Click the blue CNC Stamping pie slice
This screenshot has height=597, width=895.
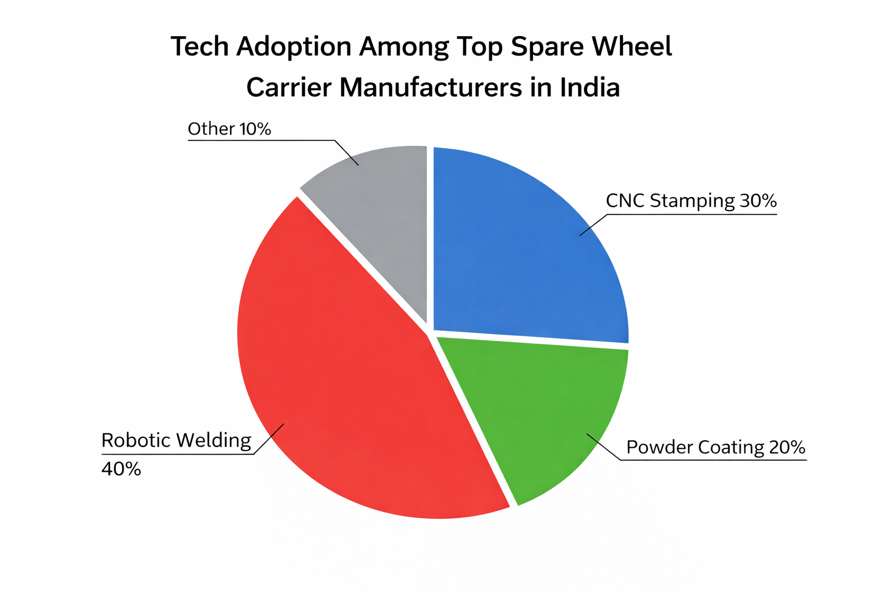click(524, 245)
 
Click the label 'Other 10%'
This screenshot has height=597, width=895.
click(229, 129)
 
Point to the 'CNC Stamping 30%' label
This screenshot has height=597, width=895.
click(691, 201)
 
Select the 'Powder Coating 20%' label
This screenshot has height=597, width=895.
click(716, 447)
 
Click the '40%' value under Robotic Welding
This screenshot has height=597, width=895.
click(121, 469)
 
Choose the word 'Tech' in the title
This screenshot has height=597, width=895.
click(199, 47)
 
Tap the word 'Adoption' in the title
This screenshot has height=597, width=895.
click(294, 47)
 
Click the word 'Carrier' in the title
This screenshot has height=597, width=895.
click(288, 87)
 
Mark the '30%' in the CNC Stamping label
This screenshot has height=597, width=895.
click(758, 201)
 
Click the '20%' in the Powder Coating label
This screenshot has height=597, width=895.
click(787, 447)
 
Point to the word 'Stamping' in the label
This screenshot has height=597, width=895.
click(692, 201)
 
